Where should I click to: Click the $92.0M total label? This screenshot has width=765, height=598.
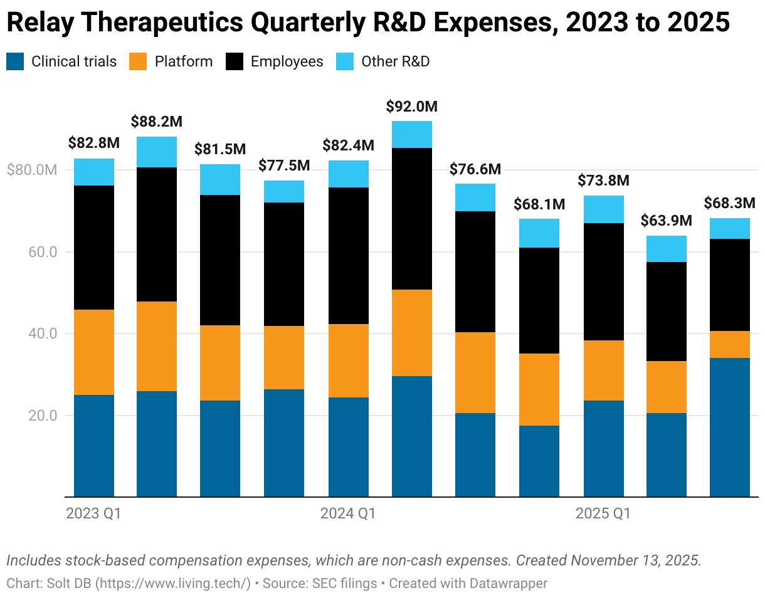point(411,107)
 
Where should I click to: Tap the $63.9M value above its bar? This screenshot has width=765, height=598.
point(666,221)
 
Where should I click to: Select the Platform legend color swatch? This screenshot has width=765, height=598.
point(138,61)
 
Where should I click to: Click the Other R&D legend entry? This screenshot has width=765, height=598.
point(395,61)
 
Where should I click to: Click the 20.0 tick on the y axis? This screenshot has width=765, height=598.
point(44,416)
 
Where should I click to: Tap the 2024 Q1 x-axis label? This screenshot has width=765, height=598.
point(348,514)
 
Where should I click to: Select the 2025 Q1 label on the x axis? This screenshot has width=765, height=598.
point(603,514)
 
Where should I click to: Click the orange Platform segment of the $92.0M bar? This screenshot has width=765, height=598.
point(411,333)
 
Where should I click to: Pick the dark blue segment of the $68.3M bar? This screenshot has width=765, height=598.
point(729,427)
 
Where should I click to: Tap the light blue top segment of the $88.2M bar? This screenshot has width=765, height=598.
point(156,152)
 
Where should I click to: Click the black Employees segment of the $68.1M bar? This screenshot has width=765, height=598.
point(539,300)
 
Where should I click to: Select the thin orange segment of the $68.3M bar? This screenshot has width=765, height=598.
point(729,344)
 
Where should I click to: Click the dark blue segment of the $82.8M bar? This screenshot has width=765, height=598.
point(94,446)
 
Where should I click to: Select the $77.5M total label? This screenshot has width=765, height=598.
point(284,166)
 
